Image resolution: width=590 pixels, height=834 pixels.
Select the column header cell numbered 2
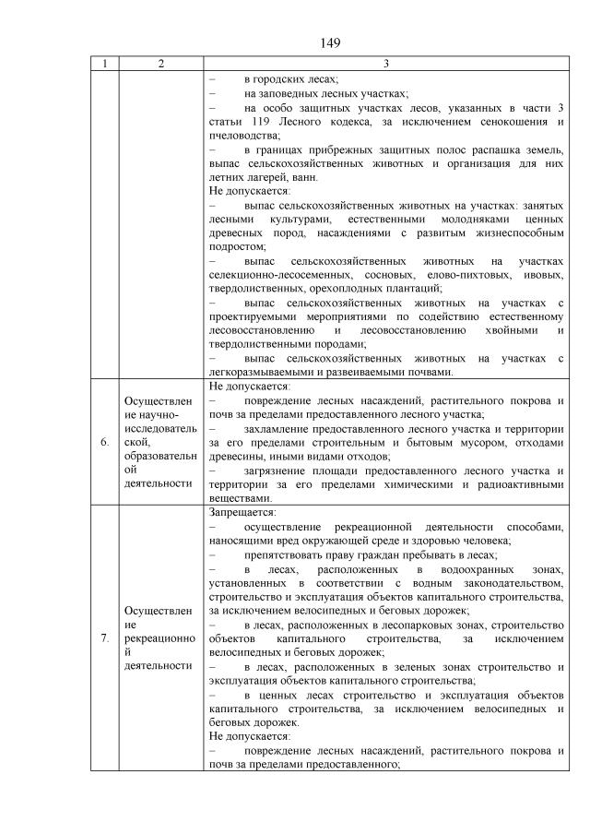161,64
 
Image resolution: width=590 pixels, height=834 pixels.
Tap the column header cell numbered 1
105,64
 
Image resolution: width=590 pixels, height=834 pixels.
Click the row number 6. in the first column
105,442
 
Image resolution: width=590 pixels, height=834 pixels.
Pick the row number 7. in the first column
105,637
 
